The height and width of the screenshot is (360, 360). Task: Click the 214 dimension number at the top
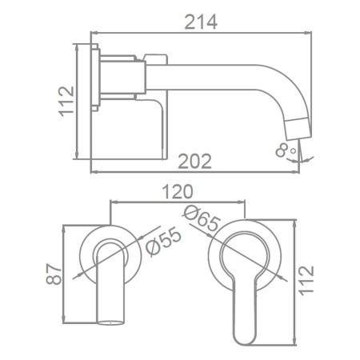click(201, 22)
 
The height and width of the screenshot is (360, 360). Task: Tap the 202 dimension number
click(194, 162)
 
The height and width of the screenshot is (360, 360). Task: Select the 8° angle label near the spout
click(286, 150)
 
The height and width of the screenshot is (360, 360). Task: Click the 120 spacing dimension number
click(178, 191)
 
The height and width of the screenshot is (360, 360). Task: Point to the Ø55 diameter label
click(163, 242)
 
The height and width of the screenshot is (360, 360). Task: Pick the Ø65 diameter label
click(202, 218)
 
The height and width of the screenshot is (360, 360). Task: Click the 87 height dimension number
click(54, 274)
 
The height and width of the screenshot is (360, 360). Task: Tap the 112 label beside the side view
click(66, 102)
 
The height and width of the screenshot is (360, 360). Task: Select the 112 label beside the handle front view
click(306, 281)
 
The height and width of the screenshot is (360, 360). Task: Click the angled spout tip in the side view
click(298, 129)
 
